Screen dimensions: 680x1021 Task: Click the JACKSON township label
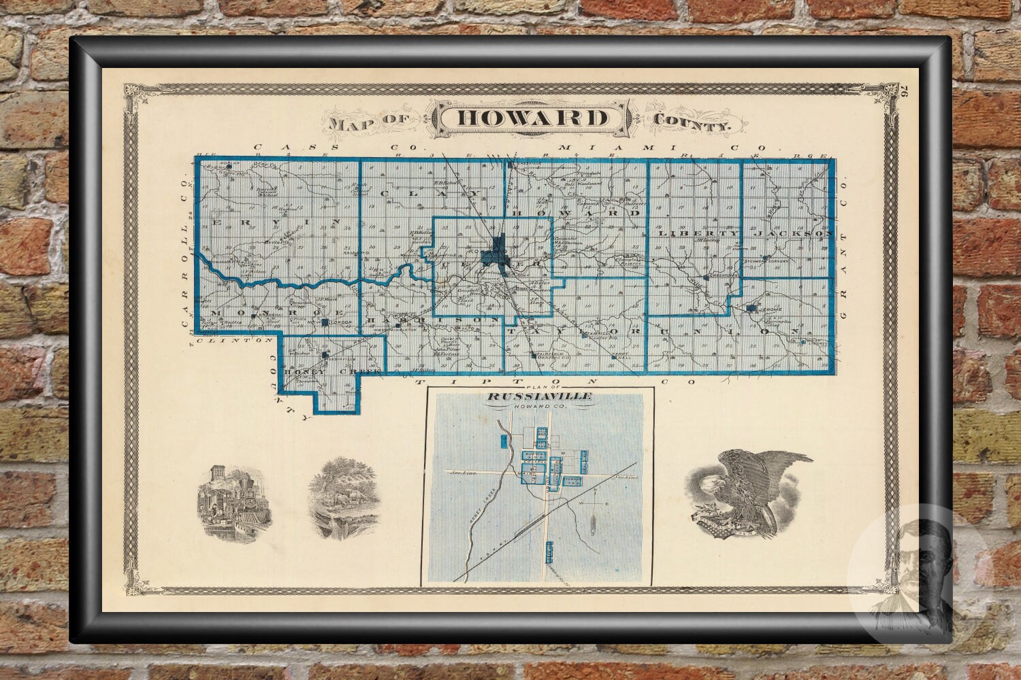click(x=794, y=233)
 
